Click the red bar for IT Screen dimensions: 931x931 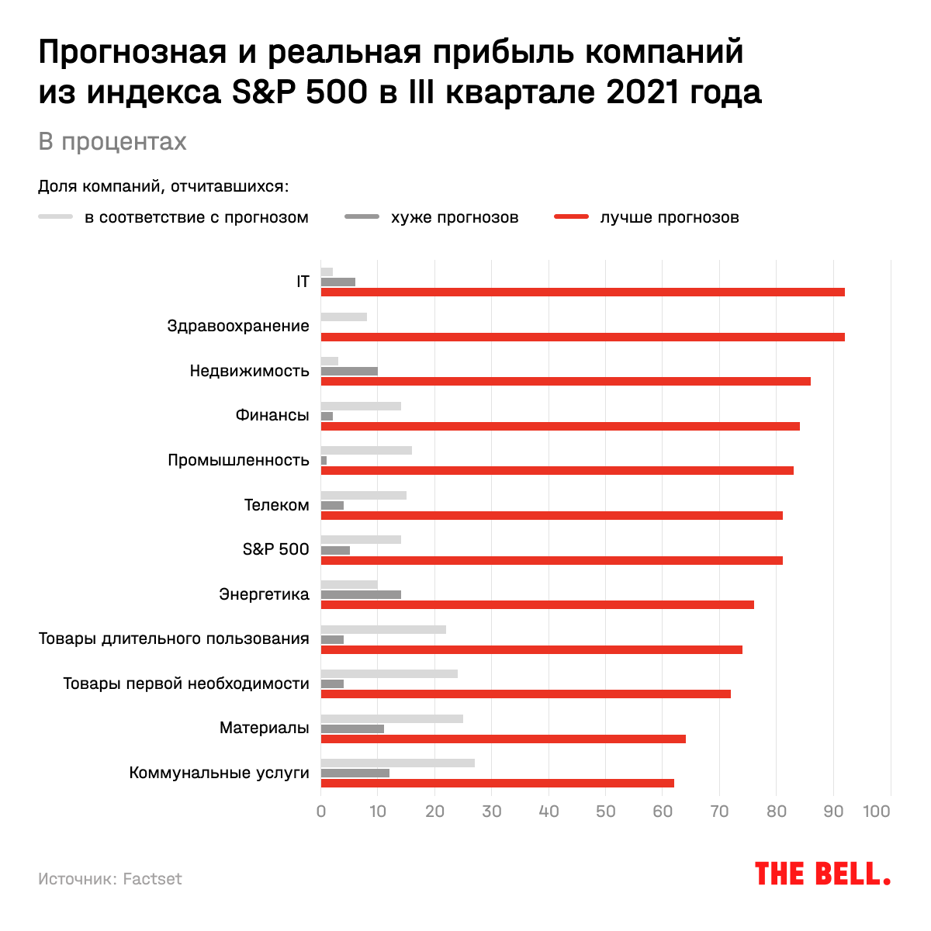click(582, 292)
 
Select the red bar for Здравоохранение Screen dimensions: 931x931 click(582, 337)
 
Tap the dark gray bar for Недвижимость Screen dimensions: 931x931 click(349, 371)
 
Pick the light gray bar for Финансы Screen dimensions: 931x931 click(361, 406)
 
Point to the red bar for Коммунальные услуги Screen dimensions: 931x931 click(497, 783)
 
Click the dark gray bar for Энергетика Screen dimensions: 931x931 click(361, 594)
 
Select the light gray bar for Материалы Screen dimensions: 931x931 click(392, 718)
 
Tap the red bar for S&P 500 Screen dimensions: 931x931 click(551, 560)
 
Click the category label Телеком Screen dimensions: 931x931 click(277, 505)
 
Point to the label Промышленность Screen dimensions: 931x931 click(238, 460)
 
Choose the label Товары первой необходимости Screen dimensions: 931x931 click(186, 684)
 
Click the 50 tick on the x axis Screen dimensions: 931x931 click(606, 812)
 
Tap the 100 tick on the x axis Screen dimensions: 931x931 click(877, 812)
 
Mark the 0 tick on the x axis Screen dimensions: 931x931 click(321, 812)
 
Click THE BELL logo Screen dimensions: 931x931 click(822, 874)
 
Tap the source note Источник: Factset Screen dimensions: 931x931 click(110, 879)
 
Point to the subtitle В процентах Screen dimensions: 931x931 click(112, 142)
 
